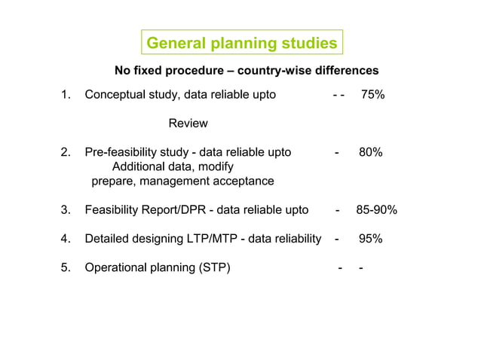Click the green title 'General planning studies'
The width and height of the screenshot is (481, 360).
241,44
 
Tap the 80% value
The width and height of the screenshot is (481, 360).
370,152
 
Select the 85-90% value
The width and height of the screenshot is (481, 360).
376,210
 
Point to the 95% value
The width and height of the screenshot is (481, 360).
370,239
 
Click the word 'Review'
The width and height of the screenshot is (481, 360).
188,123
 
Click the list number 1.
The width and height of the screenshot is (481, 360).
65,95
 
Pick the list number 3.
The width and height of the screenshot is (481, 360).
65,210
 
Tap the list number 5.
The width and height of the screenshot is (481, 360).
65,267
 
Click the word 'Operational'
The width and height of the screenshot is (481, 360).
118,267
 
